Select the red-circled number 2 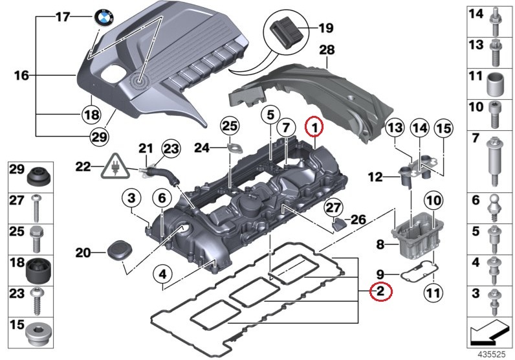380,293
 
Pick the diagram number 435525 490,354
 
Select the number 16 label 21,76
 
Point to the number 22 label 83,166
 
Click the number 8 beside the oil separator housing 380,244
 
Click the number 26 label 357,219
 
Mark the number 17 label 62,17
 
